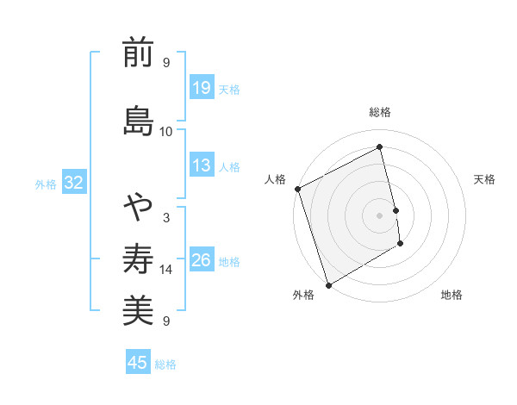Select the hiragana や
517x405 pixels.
pyautogui.click(x=138, y=208)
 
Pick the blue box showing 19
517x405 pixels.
pyautogui.click(x=202, y=88)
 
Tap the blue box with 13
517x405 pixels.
pyautogui.click(x=202, y=165)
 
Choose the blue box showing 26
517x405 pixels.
pyautogui.click(x=202, y=260)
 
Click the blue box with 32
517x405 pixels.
pyautogui.click(x=74, y=183)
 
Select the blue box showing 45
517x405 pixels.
pyautogui.click(x=138, y=363)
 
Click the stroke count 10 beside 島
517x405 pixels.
pyautogui.click(x=166, y=131)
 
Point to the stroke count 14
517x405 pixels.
pyautogui.click(x=166, y=270)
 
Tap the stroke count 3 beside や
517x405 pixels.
pyautogui.click(x=166, y=218)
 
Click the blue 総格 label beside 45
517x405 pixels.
pyautogui.click(x=165, y=364)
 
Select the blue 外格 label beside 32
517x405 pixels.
pyautogui.click(x=46, y=184)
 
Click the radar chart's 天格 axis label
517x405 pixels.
pyautogui.click(x=485, y=179)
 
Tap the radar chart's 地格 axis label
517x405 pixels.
pyautogui.click(x=452, y=295)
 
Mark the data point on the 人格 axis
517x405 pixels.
pyautogui.click(x=298, y=189)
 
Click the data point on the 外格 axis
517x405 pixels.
pyautogui.click(x=327, y=284)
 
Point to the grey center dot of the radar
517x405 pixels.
pyautogui.click(x=379, y=215)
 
